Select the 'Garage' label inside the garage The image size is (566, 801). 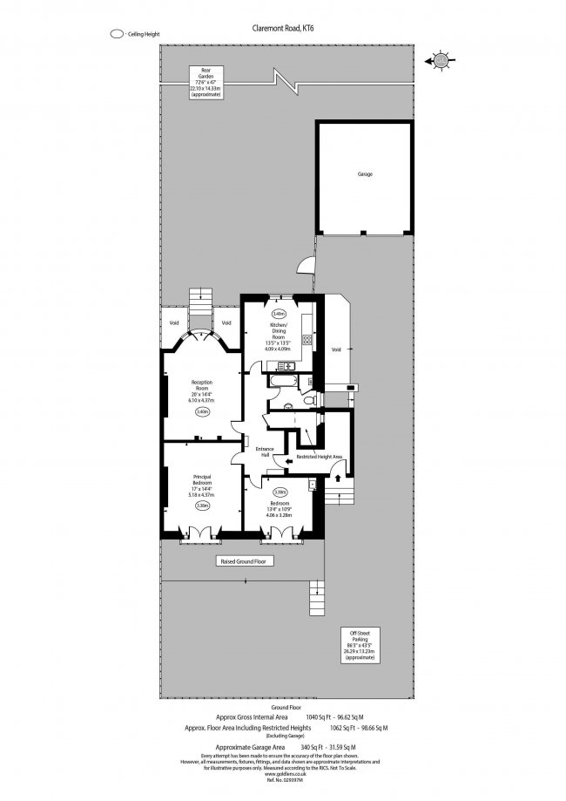pos(364,174)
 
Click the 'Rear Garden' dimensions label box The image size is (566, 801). pos(206,83)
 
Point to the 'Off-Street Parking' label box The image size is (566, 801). pos(360,644)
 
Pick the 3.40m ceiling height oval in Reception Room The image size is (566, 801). pos(202,411)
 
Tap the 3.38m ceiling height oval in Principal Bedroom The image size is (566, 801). pos(202,505)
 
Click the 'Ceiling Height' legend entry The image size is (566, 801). pos(139,34)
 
